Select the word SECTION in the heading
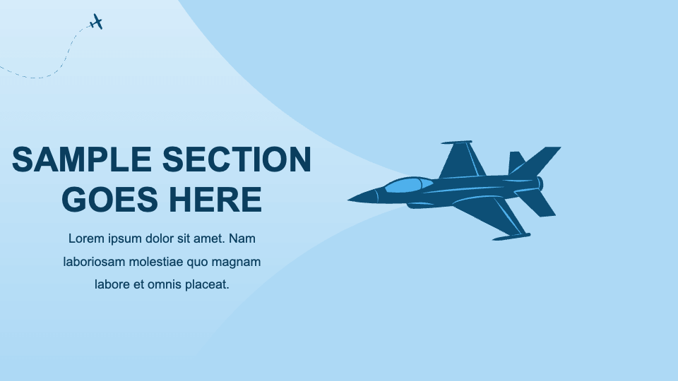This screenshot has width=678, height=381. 237,160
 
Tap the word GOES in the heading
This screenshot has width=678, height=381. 109,200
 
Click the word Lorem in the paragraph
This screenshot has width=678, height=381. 85,238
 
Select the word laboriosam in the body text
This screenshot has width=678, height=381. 94,262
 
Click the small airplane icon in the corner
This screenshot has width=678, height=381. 97,22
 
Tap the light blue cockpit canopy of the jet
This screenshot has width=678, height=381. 408,186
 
